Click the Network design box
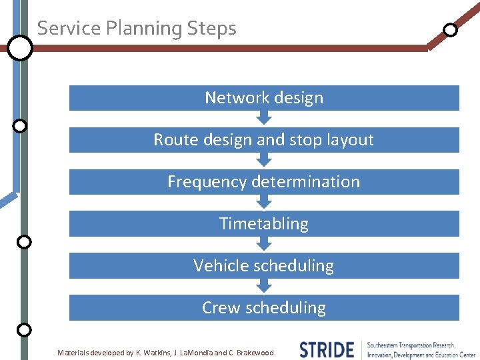(264, 98)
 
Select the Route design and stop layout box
(264, 140)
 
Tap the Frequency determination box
(264, 182)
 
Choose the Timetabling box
(264, 224)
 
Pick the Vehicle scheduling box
(264, 266)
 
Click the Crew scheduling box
(264, 308)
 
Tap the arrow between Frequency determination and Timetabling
(265, 203)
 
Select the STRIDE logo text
(327, 349)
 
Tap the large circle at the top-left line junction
(20, 47)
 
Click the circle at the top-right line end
(451, 29)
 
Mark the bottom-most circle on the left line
(24, 329)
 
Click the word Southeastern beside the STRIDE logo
(390, 345)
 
